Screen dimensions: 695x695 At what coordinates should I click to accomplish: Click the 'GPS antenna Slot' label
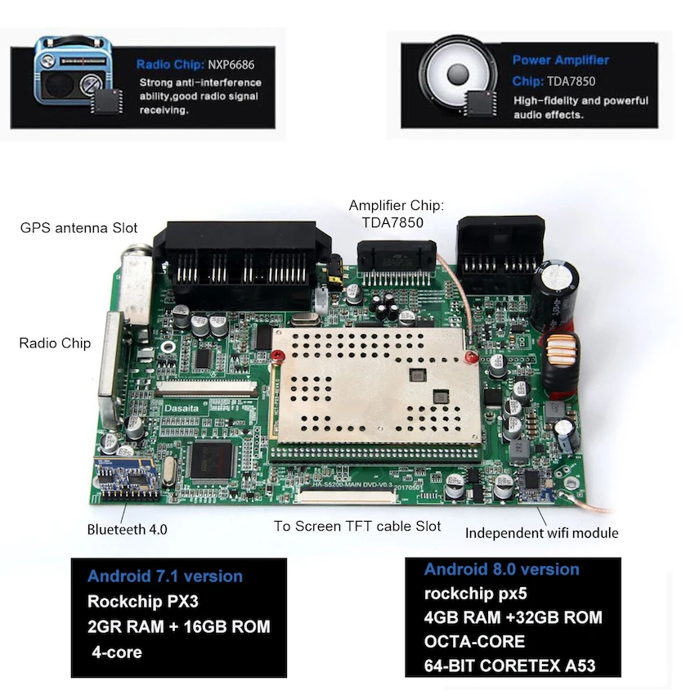(78, 227)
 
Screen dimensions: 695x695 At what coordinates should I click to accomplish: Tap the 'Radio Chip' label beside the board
(55, 343)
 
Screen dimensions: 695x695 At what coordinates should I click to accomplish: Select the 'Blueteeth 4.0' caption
(127, 529)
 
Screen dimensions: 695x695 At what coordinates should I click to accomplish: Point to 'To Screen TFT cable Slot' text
(357, 526)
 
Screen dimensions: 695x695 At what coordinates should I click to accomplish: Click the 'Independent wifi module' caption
(541, 533)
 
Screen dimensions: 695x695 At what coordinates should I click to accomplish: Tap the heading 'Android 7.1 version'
(165, 576)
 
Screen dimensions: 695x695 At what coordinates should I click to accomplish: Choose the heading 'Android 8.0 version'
(501, 569)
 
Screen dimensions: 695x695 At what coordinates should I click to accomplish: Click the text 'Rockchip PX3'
(143, 602)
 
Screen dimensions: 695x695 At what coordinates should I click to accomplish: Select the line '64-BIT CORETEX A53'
(509, 666)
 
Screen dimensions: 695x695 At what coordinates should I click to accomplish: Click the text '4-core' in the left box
(118, 652)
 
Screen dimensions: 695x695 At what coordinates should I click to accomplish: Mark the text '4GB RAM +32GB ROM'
(513, 617)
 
